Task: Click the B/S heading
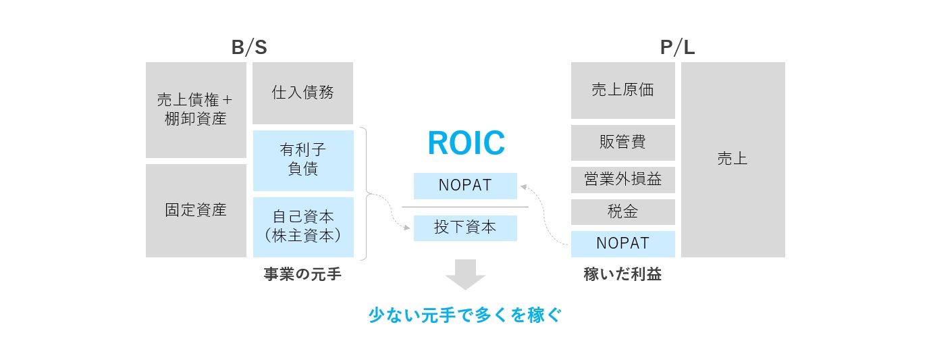[x=249, y=47]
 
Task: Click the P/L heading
[x=677, y=47]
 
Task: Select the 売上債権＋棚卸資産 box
[x=196, y=110]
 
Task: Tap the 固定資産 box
[x=196, y=210]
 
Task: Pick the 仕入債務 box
[x=302, y=93]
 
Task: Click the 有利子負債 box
[x=303, y=160]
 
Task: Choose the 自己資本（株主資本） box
[x=303, y=227]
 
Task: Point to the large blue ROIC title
[x=466, y=143]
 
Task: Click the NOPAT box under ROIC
[x=465, y=186]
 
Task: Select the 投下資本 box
[x=465, y=228]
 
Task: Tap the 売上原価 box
[x=622, y=90]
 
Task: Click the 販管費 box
[x=622, y=143]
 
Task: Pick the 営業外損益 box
[x=622, y=180]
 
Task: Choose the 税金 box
[x=622, y=212]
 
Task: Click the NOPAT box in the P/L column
[x=622, y=244]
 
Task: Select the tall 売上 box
[x=733, y=159]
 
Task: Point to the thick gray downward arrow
[x=466, y=274]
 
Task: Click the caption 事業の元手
[x=302, y=274]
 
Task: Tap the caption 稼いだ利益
[x=622, y=274]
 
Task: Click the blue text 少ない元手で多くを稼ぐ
[x=465, y=315]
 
